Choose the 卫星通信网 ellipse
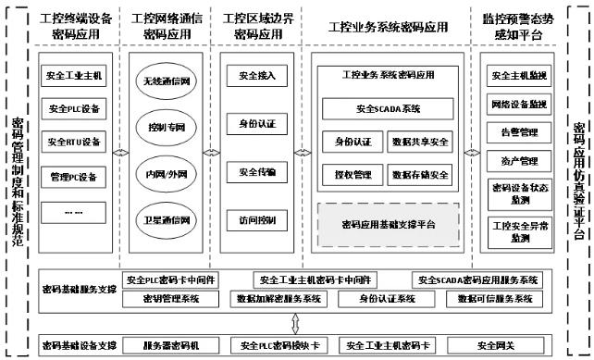(167, 221)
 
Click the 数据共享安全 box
(422, 142)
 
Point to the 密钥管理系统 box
(172, 299)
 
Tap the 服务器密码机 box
(170, 345)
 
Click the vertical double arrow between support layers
(294, 322)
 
